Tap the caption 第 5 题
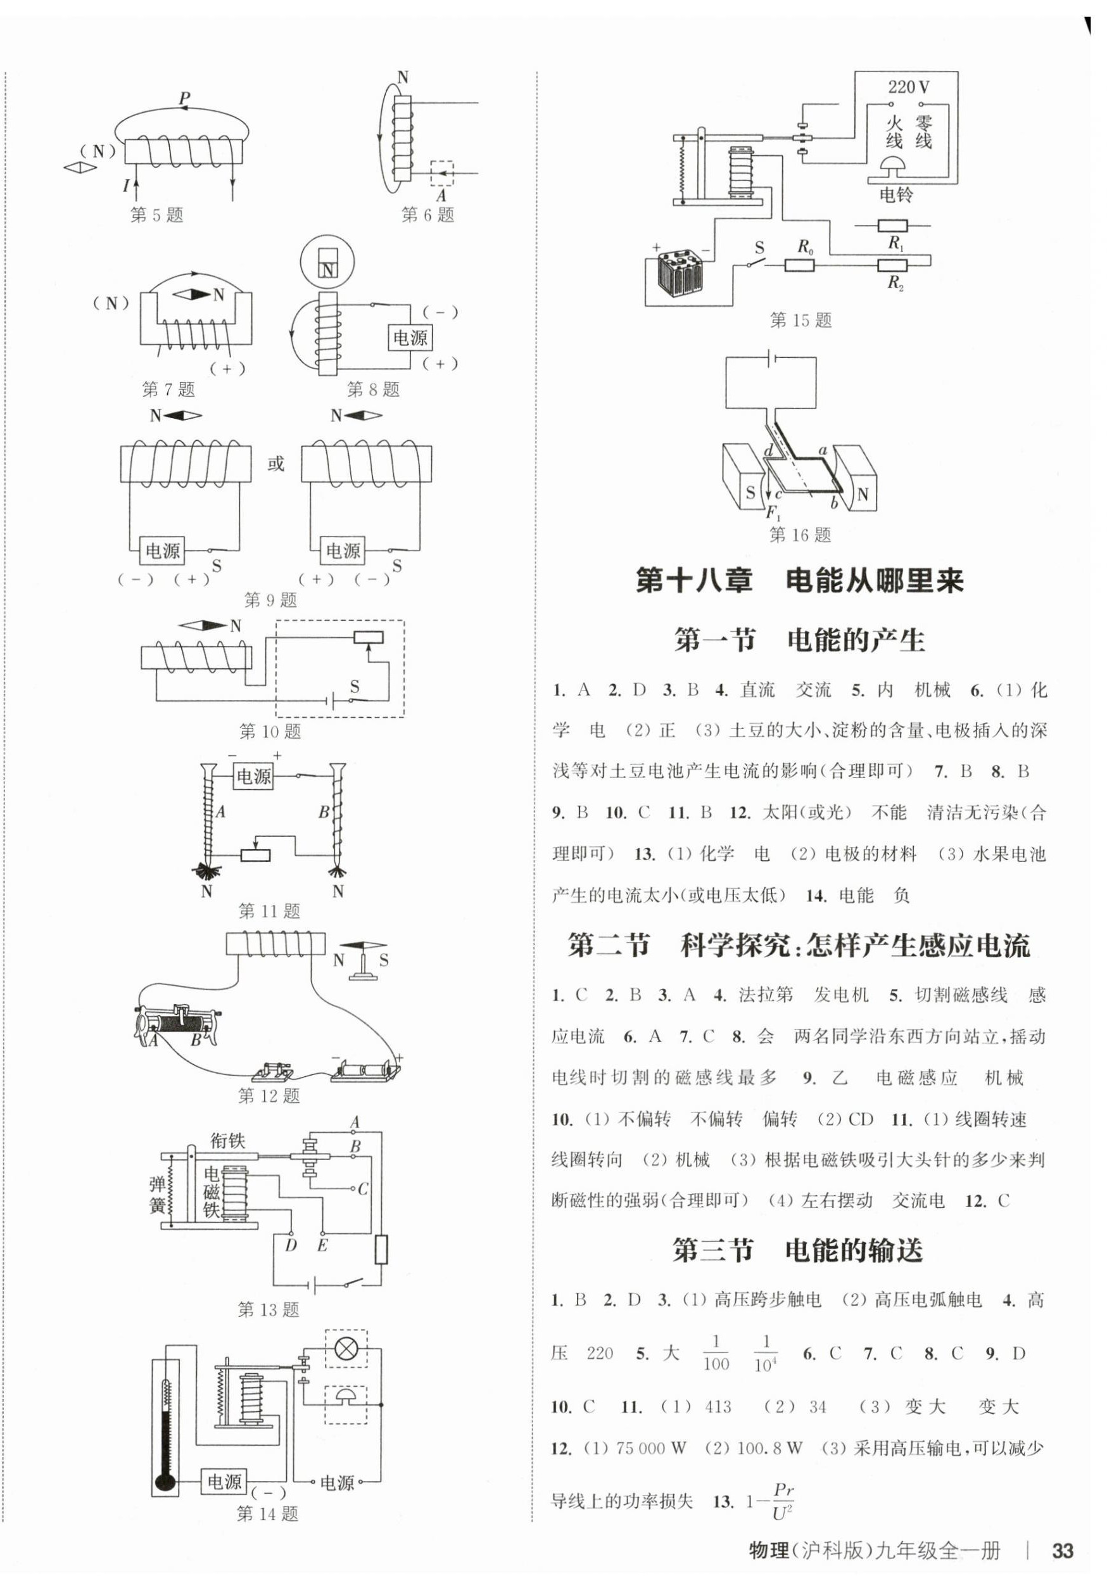(156, 215)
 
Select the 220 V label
(908, 87)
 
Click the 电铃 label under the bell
(896, 194)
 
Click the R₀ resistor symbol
(799, 265)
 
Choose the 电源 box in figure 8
(410, 338)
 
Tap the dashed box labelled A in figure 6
(441, 172)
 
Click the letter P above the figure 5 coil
(184, 98)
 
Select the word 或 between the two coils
(275, 463)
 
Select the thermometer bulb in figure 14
(165, 1482)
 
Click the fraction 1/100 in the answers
(715, 1353)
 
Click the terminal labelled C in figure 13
(361, 1189)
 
